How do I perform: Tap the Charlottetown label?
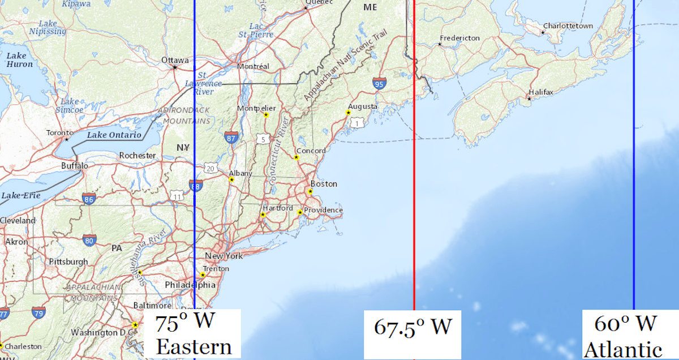[568, 26]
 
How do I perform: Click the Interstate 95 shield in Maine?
[380, 84]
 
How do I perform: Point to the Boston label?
[324, 184]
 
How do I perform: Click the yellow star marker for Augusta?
[348, 112]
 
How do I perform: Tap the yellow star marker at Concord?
[296, 157]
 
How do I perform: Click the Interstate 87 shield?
[231, 137]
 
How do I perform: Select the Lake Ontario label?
[114, 135]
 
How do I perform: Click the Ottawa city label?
[175, 60]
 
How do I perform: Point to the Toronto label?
[60, 132]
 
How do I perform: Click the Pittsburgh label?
[68, 262]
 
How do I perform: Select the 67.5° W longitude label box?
[412, 327]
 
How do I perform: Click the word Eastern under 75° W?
[194, 346]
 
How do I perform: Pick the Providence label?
[323, 210]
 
